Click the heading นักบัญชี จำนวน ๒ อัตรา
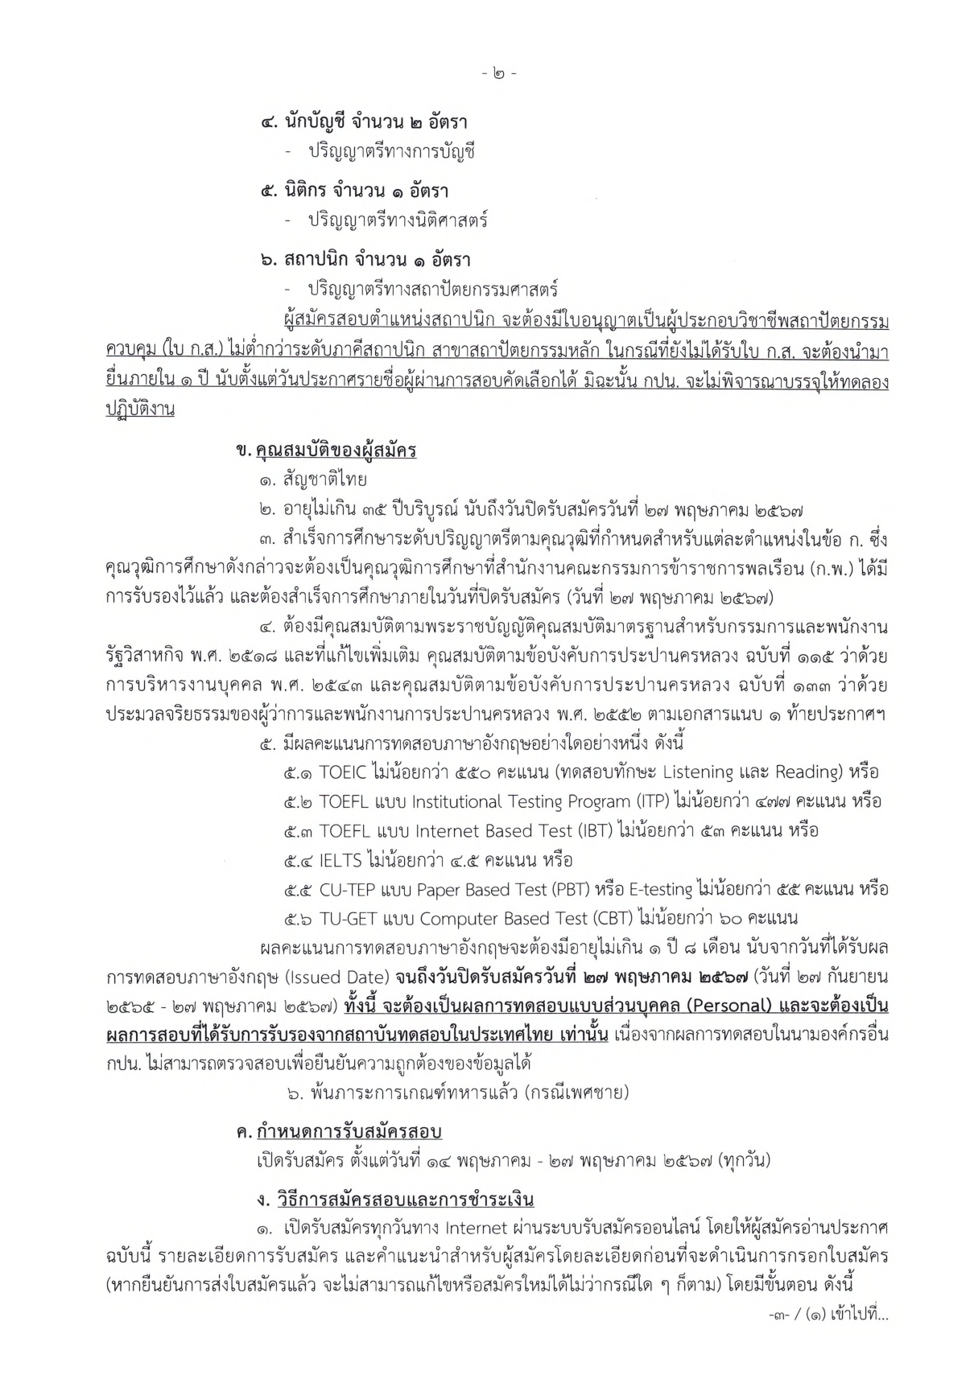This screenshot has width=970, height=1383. [x=364, y=123]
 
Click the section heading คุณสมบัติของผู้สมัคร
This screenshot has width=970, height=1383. [x=336, y=451]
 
